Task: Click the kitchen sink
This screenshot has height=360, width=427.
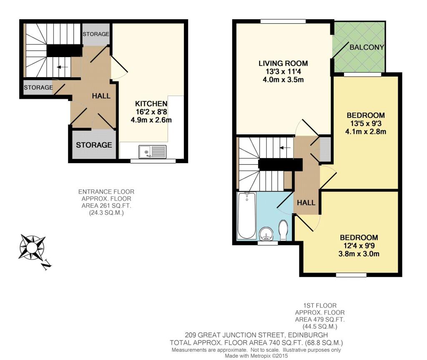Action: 153,151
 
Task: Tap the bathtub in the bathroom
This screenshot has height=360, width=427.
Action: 247,216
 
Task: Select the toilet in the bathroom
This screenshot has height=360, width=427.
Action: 284,230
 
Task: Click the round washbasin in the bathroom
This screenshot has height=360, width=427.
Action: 266,234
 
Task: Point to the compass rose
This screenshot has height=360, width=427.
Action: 32,247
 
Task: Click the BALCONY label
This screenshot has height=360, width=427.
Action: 367,47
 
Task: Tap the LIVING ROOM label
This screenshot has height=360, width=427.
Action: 283,63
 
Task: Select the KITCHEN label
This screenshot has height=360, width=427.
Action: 151,103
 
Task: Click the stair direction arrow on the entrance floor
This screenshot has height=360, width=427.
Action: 63,67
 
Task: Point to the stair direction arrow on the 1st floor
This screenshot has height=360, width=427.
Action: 285,148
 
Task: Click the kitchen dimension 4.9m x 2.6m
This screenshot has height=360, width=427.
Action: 151,120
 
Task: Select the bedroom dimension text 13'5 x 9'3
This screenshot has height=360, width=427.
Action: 366,123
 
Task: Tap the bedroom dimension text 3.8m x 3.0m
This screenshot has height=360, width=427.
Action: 359,254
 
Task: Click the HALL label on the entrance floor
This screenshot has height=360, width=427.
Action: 101,96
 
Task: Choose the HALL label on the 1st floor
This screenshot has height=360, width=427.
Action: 306,202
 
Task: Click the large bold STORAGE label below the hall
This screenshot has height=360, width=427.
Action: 94,145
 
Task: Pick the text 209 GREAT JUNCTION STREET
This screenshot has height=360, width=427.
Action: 234,335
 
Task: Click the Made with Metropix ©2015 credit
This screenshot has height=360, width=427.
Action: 256,356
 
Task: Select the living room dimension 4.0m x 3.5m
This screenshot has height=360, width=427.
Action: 283,80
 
